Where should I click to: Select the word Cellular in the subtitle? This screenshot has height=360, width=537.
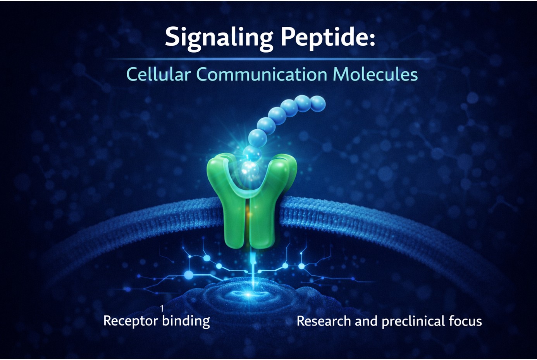pos(158,74)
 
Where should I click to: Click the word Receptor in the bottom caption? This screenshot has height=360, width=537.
pos(131,321)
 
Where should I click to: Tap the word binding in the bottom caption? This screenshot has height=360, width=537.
pos(186,321)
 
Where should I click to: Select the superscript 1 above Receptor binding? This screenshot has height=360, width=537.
pos(162,308)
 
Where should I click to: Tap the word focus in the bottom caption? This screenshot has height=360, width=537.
pos(465,321)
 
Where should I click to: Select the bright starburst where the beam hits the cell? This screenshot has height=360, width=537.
pos(248,294)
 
